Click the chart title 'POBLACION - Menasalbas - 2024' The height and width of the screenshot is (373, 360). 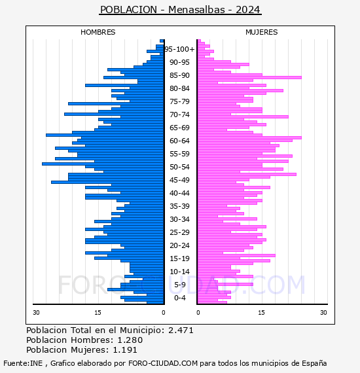180,10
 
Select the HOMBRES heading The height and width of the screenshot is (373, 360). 98,32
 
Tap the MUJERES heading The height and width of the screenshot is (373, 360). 262,32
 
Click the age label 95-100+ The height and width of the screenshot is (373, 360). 179,49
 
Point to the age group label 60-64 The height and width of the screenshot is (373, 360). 179,141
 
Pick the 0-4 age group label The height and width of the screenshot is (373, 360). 179,298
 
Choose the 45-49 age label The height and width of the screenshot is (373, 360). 179,180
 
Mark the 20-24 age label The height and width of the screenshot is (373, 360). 179,245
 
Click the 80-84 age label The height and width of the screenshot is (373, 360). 179,88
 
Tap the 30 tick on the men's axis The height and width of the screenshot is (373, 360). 36,312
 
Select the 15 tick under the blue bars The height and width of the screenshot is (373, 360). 98,312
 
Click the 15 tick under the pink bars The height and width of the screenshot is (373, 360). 261,312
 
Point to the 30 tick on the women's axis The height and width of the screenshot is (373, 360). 323,312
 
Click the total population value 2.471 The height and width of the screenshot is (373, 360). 181,330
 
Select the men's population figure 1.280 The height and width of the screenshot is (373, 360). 130,340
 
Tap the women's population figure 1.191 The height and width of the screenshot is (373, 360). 125,349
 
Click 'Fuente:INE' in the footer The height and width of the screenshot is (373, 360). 23,363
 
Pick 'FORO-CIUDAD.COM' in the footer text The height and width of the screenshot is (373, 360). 163,363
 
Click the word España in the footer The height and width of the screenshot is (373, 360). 314,363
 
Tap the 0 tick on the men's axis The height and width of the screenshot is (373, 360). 163,312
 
